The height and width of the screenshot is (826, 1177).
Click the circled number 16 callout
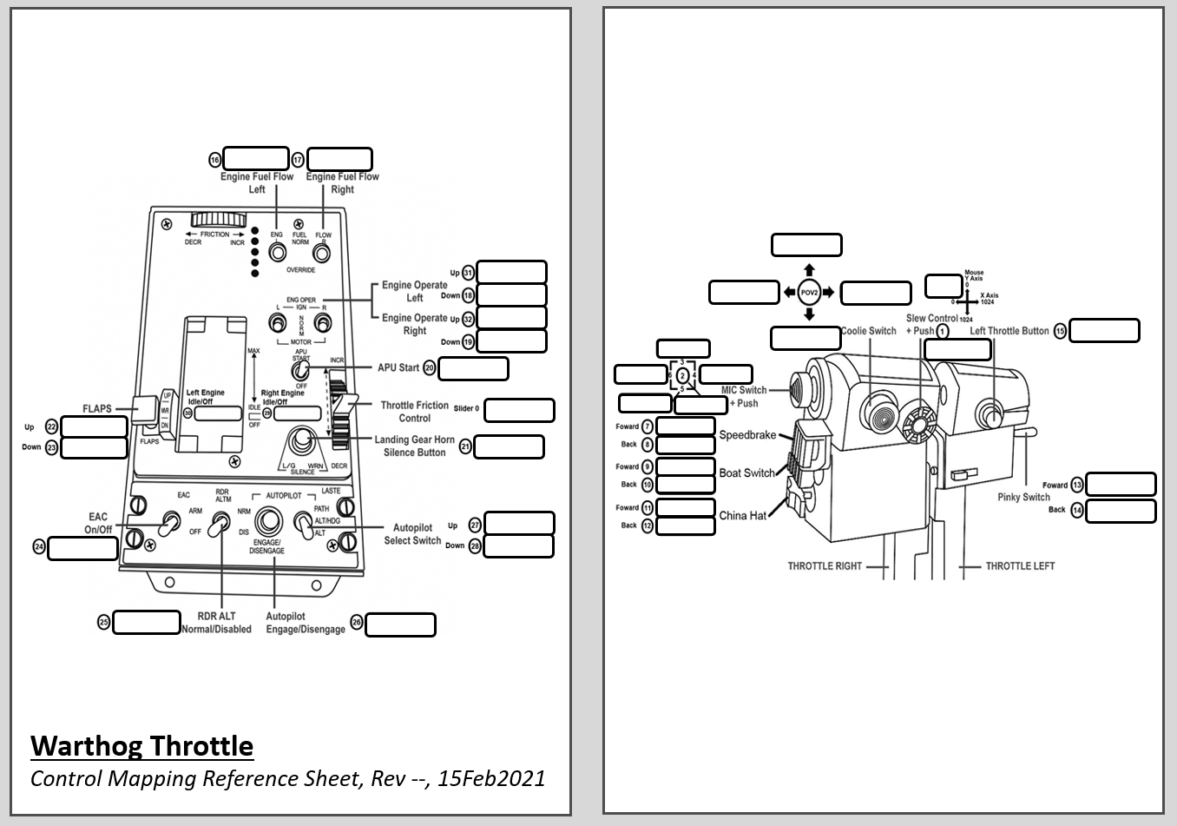pos(215,160)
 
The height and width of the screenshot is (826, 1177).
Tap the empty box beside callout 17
pos(339,159)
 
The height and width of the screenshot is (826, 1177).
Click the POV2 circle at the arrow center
pos(809,293)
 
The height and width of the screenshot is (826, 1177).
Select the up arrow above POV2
pos(809,269)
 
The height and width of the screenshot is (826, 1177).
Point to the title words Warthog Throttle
pos(141,746)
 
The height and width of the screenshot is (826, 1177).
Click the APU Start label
pos(398,367)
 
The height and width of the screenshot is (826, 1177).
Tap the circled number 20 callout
pos(429,368)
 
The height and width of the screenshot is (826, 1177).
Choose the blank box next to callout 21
pos(509,446)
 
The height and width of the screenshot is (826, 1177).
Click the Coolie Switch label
pos(869,331)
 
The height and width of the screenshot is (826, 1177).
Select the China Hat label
pos(742,515)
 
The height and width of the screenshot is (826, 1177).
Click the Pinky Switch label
pos(1023,497)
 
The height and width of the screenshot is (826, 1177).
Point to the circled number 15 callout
pos(1060,331)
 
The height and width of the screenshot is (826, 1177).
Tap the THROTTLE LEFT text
pos(1020,565)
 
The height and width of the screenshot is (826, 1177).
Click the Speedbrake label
pos(747,434)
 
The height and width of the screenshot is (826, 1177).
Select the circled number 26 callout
pos(356,623)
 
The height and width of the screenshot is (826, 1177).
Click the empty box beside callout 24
pos(82,548)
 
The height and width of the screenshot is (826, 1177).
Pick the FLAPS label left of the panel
pos(97,408)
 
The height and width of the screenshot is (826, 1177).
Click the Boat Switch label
pos(746,472)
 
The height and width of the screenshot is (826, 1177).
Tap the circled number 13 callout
pos(1077,486)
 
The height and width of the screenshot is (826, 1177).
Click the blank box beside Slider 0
pos(519,410)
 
